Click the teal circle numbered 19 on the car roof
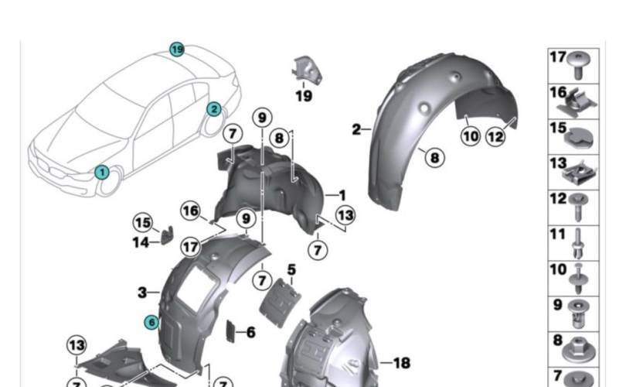point(178,50)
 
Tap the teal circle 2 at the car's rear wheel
point(213,109)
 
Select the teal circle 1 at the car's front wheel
point(101,172)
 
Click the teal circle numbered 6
point(152,320)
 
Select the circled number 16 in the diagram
point(191,210)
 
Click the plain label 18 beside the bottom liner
point(401,362)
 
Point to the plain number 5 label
point(291,270)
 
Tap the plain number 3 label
point(142,293)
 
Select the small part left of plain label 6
point(230,331)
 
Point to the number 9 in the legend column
point(557,304)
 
